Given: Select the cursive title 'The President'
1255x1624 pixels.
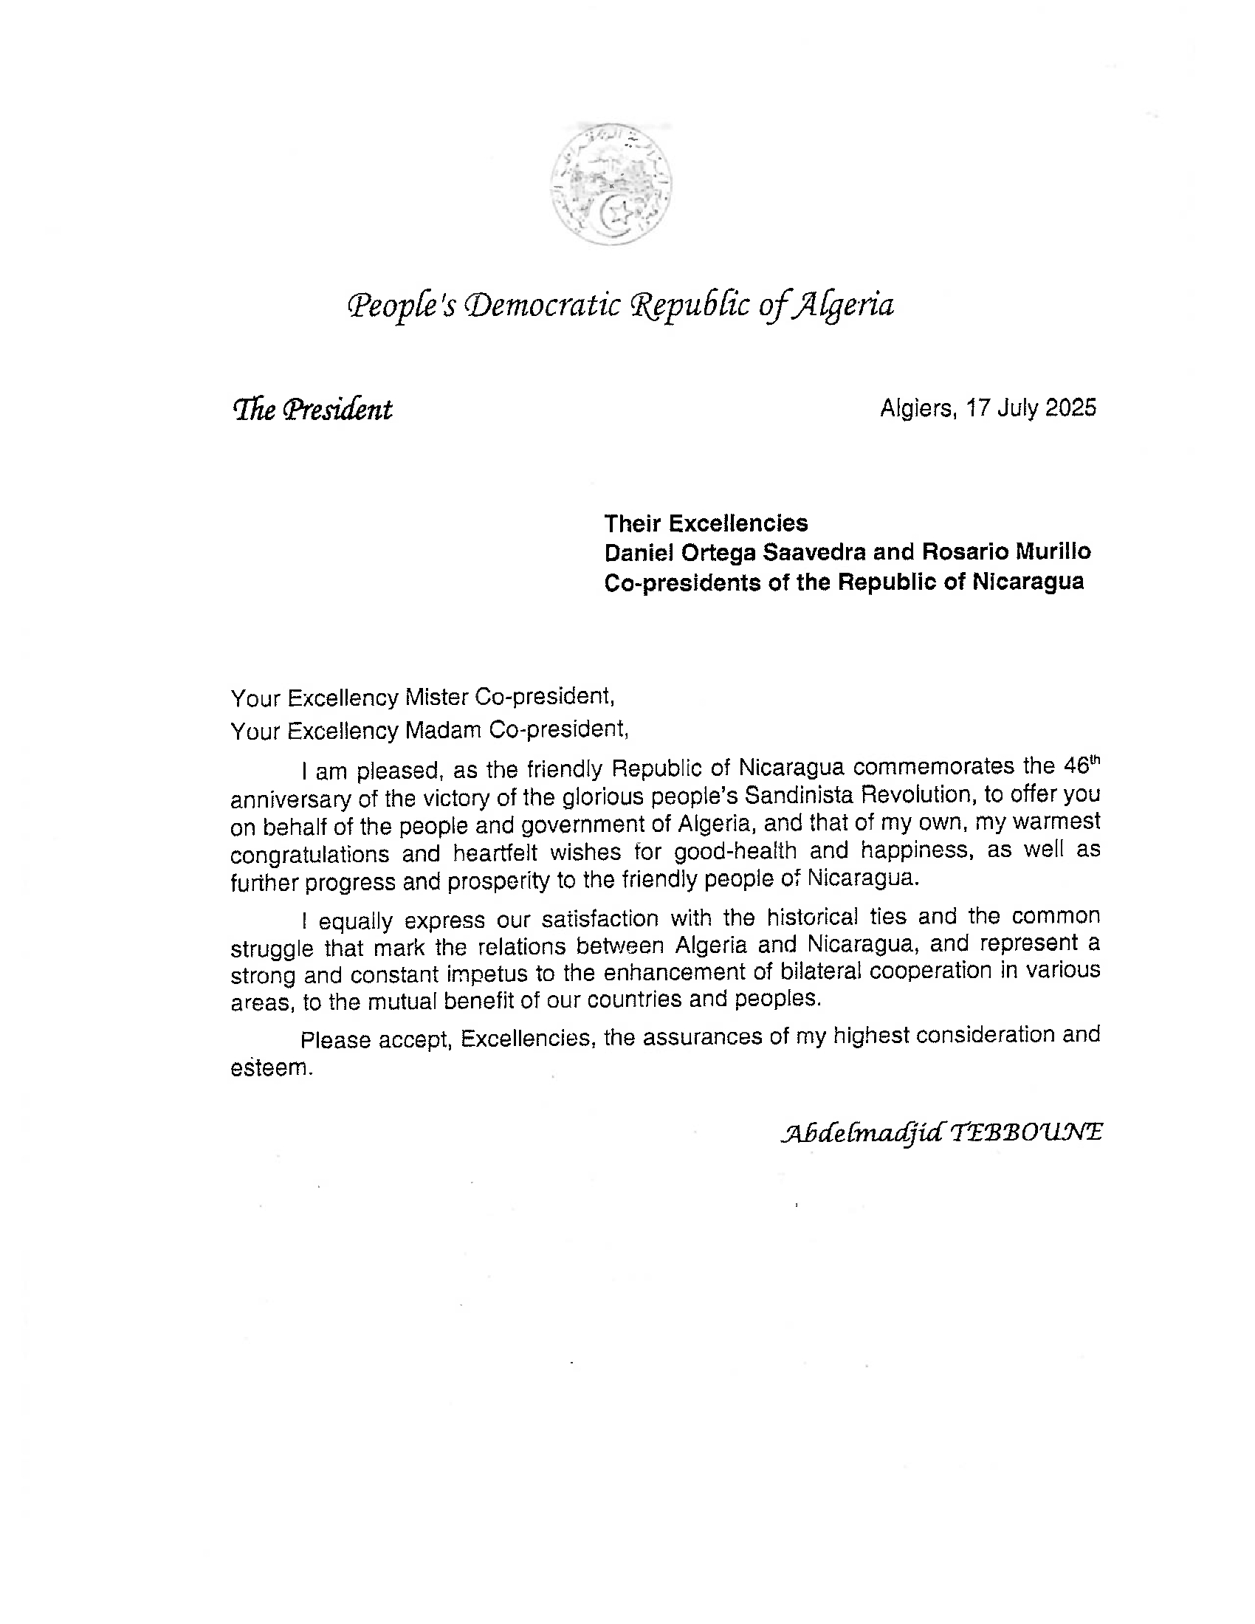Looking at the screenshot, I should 312,409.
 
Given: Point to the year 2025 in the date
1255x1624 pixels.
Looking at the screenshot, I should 1070,407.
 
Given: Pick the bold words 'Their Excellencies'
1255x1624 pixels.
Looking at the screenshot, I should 706,523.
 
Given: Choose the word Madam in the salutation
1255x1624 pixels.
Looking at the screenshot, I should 442,731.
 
